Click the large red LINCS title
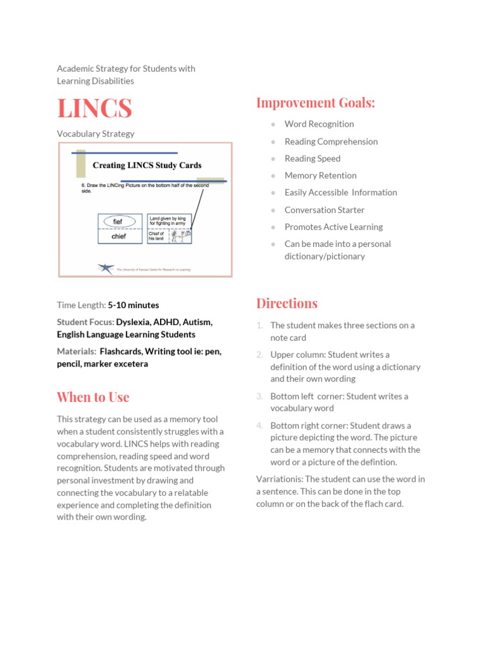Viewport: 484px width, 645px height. coord(95,108)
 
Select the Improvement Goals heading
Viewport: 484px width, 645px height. coord(315,103)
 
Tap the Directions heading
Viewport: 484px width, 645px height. coord(287,303)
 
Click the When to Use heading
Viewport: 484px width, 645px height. coord(93,397)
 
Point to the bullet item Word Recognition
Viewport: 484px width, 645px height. coord(319,124)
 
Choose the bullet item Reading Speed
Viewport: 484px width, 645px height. coord(312,159)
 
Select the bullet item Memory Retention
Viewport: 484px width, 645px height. coord(320,176)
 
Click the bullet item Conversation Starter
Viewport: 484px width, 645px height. coord(324,210)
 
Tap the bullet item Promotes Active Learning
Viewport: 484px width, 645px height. coord(333,227)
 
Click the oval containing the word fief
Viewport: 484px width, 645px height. coord(118,222)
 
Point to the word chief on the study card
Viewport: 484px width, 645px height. coord(118,237)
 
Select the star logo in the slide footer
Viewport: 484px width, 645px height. coord(105,268)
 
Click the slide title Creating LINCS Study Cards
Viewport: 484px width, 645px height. coord(147,166)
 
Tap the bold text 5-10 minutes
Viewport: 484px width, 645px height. coord(133,305)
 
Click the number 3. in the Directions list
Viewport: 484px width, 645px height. coord(260,396)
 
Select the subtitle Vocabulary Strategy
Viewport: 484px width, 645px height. coord(95,134)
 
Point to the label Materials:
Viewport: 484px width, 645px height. coord(76,351)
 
